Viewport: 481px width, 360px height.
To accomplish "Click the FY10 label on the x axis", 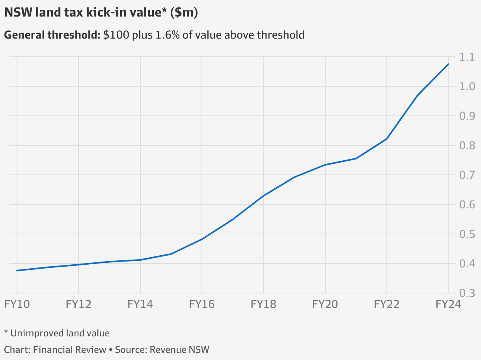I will [17, 304].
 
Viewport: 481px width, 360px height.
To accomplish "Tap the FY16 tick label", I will [202, 304].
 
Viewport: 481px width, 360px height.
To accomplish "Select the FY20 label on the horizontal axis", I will [325, 304].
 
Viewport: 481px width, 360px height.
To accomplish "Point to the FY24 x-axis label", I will [448, 304].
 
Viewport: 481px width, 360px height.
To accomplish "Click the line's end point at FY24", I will [448, 64].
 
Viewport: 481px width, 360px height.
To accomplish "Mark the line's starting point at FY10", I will [17, 271].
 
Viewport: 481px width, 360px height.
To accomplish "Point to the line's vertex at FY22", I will [387, 139].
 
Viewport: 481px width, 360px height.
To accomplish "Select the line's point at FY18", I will [263, 196].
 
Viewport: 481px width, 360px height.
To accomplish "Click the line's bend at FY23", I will [418, 95].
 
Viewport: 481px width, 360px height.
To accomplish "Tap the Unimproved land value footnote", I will [60, 333].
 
